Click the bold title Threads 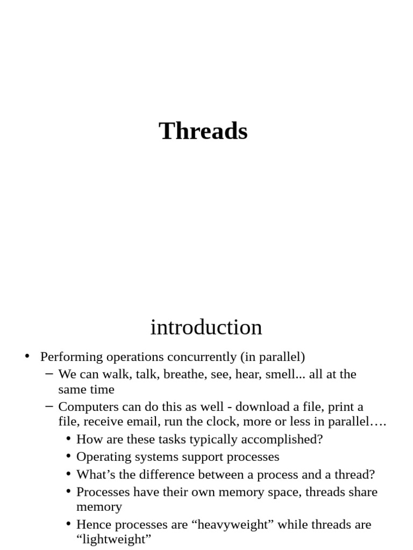[x=203, y=131]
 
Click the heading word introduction [x=206, y=327]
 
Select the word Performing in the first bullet [x=70, y=357]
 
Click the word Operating [x=100, y=457]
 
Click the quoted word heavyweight [x=230, y=525]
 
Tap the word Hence [x=93, y=525]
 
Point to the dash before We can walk [x=50, y=374]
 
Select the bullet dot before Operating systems [x=68, y=457]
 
